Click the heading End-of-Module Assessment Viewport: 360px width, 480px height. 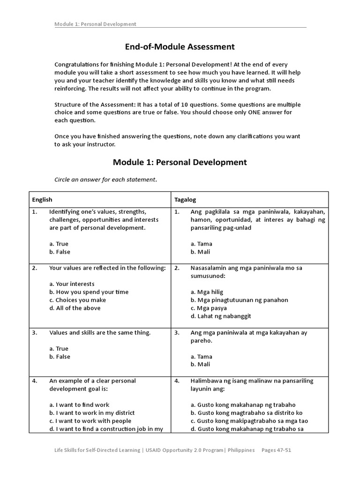(180, 47)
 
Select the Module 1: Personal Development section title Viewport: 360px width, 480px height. (180, 162)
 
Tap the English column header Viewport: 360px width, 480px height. (42, 200)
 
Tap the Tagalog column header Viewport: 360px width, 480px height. (184, 200)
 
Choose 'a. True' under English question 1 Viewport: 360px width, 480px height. (59, 244)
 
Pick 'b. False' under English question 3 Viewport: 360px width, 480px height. (60, 357)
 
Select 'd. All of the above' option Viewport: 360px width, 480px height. (75, 308)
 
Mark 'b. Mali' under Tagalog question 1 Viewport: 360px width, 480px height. (201, 252)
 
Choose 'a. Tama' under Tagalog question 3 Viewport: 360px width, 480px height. (202, 357)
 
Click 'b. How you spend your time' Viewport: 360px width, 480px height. (89, 292)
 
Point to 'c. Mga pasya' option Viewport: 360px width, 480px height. (209, 308)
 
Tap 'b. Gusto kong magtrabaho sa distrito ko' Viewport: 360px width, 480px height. (247, 413)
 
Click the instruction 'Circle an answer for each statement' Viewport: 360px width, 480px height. (103, 180)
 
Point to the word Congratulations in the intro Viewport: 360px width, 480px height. (77, 64)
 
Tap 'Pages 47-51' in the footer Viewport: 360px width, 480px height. (277, 450)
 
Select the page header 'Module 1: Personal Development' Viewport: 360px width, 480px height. (95, 24)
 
